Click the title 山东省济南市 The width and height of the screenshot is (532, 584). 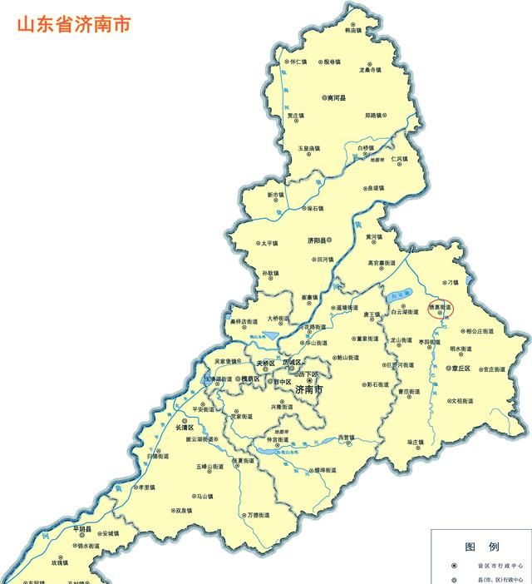click(73, 23)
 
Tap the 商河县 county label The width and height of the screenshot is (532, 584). click(337, 97)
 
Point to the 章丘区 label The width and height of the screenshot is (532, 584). click(461, 368)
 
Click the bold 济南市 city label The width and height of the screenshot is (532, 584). click(310, 389)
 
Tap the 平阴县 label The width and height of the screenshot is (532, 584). click(82, 528)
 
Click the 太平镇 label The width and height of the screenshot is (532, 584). click(268, 244)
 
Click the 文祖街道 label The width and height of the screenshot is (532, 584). click(462, 401)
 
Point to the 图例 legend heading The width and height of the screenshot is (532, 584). click(482, 547)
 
